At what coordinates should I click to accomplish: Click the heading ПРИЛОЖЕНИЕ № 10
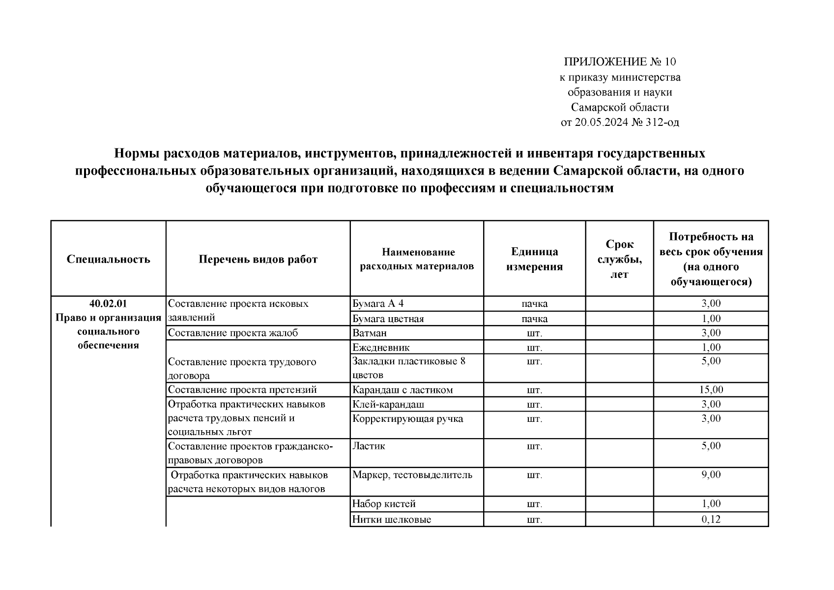tap(620, 62)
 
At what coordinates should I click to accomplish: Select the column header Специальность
tap(108, 259)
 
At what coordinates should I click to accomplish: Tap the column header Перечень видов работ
tap(258, 259)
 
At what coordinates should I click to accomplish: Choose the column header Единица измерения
tap(534, 259)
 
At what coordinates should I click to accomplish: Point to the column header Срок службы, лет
tap(619, 259)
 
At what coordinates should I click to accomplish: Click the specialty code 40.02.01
tap(108, 303)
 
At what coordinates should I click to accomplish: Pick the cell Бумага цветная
tap(388, 319)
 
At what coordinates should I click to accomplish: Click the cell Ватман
tap(369, 333)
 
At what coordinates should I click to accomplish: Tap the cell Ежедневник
tap(381, 348)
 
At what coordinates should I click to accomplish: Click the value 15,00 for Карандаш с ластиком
tap(711, 390)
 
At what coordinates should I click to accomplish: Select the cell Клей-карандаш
tap(388, 404)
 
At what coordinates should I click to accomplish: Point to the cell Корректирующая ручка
tap(407, 418)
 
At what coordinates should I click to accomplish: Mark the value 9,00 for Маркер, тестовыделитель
tap(711, 474)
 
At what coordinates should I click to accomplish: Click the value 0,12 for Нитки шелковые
tap(711, 519)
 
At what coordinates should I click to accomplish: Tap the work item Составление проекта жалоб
tap(233, 333)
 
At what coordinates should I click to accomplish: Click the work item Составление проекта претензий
tap(242, 390)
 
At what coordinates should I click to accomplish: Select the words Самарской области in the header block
tap(620, 107)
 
